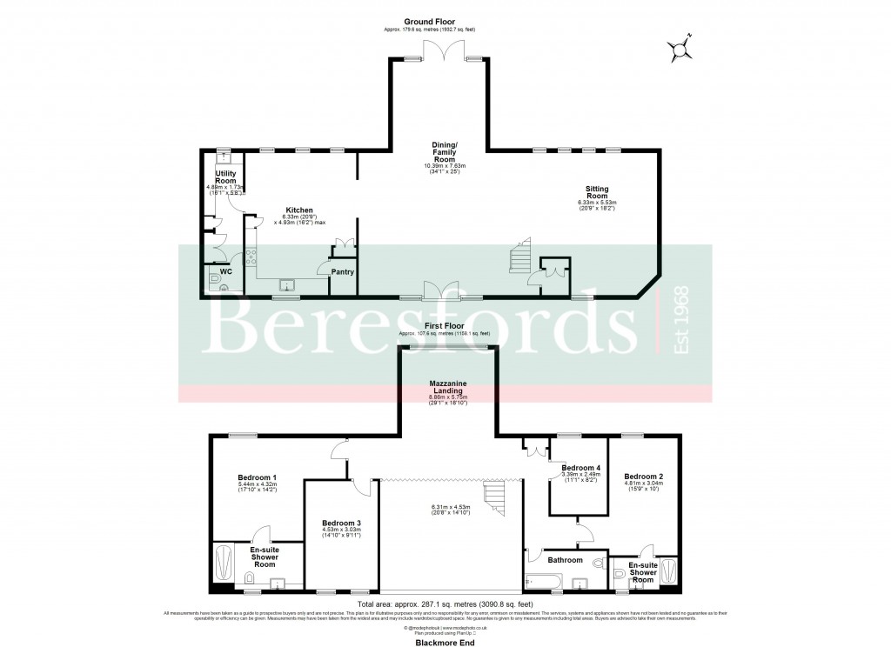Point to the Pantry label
click(x=340, y=271)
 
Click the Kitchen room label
click(x=299, y=210)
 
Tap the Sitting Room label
click(x=597, y=192)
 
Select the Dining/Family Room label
click(x=445, y=151)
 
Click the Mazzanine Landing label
click(x=451, y=387)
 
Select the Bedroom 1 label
click(x=258, y=477)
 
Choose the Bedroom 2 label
click(x=644, y=476)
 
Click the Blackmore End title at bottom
click(x=445, y=639)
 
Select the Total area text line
click(x=445, y=604)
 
